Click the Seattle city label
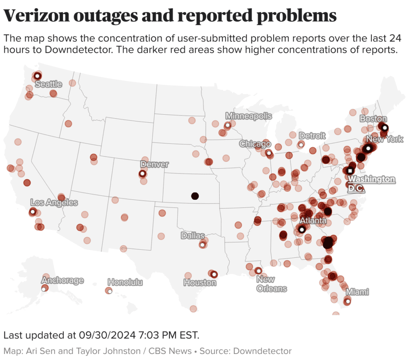click(x=48, y=84)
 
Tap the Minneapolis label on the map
click(x=248, y=116)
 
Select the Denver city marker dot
click(x=142, y=173)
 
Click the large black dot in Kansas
click(x=195, y=196)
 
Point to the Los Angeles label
click(x=54, y=203)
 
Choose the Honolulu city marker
click(x=110, y=291)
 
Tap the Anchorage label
click(x=62, y=280)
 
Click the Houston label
click(x=200, y=282)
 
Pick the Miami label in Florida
click(x=357, y=292)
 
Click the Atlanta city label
click(x=313, y=221)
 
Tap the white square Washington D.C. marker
click(x=350, y=171)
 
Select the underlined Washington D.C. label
click(x=371, y=183)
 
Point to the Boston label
click(x=373, y=119)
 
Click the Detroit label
click(x=312, y=136)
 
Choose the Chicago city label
click(x=255, y=144)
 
